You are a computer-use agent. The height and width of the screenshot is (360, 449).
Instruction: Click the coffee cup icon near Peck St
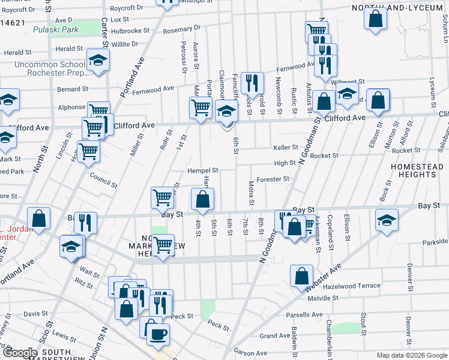158,335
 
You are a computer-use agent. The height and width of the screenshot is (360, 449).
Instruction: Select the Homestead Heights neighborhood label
412,170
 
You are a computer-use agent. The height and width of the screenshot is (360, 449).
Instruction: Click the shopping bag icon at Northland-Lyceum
375,18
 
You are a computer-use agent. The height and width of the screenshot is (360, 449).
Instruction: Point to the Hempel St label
202,170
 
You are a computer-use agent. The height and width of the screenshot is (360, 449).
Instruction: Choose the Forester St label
273,179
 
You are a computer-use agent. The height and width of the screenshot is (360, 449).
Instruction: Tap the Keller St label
286,147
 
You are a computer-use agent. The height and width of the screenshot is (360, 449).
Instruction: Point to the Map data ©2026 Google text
411,355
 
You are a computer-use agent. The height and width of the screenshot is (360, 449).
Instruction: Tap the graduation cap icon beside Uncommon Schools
98,60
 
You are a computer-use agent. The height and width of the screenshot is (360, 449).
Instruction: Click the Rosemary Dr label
182,28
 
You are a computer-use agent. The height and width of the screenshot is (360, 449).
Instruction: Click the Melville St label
324,297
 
